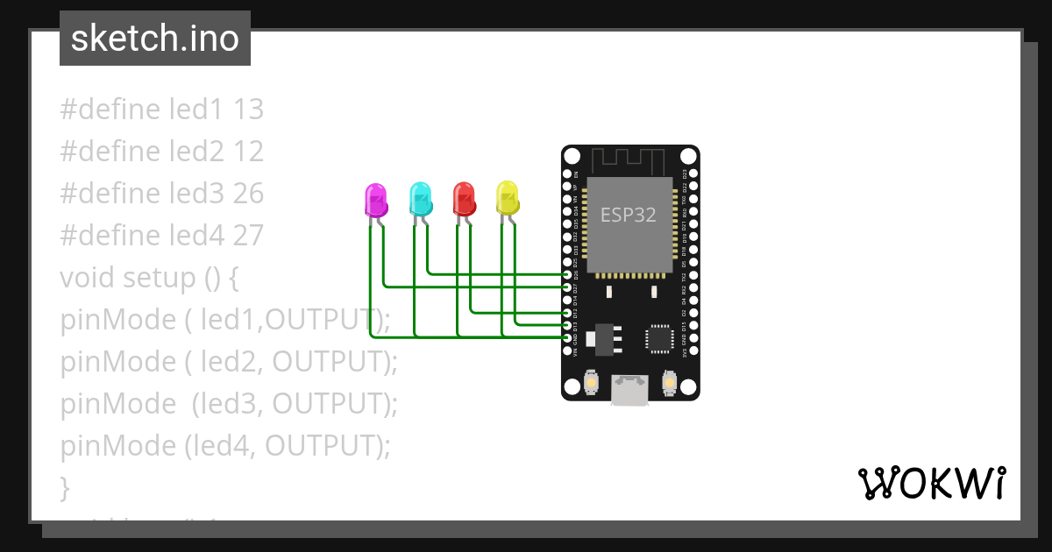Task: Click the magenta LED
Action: [x=375, y=200]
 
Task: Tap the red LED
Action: [x=464, y=200]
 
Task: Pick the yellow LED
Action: [x=508, y=199]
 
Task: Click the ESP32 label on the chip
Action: [x=628, y=215]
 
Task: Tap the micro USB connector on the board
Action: [x=630, y=391]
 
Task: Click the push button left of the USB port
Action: [x=592, y=384]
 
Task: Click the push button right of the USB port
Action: [x=669, y=384]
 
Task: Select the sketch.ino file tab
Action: [x=155, y=39]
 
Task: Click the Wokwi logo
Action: [x=931, y=484]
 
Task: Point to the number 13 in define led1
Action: [x=248, y=110]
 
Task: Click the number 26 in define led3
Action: [x=248, y=194]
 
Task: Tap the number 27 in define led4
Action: [x=248, y=236]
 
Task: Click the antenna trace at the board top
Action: [x=630, y=161]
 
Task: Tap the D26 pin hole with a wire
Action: [x=568, y=274]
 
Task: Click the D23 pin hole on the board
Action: [x=693, y=174]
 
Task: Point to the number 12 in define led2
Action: [x=248, y=152]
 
